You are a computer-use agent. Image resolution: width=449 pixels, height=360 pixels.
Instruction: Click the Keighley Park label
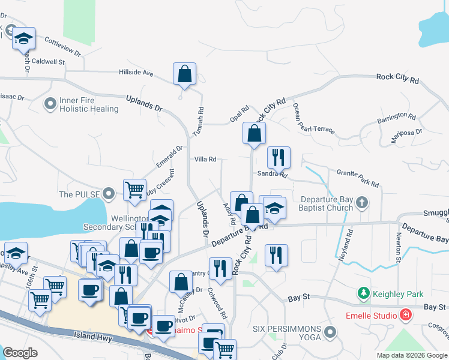[x=398, y=294]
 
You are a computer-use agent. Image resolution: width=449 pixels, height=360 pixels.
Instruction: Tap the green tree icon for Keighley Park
[x=363, y=294]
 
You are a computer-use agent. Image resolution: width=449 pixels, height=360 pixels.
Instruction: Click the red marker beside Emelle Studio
[x=406, y=315]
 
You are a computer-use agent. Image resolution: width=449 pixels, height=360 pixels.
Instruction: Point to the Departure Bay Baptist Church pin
[x=361, y=203]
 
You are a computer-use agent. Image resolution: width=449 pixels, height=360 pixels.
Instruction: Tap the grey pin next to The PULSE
[x=108, y=194]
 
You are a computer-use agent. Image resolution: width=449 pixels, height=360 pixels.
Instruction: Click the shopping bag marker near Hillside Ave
[x=185, y=74]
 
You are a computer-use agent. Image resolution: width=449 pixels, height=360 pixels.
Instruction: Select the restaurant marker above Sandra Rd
[x=279, y=158]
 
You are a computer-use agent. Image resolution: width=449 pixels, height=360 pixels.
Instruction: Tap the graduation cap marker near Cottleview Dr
[x=24, y=39]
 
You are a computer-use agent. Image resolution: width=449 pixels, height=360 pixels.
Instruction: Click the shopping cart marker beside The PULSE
[x=135, y=190]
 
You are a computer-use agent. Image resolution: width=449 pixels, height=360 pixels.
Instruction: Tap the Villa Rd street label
[x=205, y=160]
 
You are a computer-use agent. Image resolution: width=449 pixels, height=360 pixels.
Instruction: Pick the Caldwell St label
[x=48, y=62]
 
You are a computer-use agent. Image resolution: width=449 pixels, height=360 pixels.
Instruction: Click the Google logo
[x=20, y=352]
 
